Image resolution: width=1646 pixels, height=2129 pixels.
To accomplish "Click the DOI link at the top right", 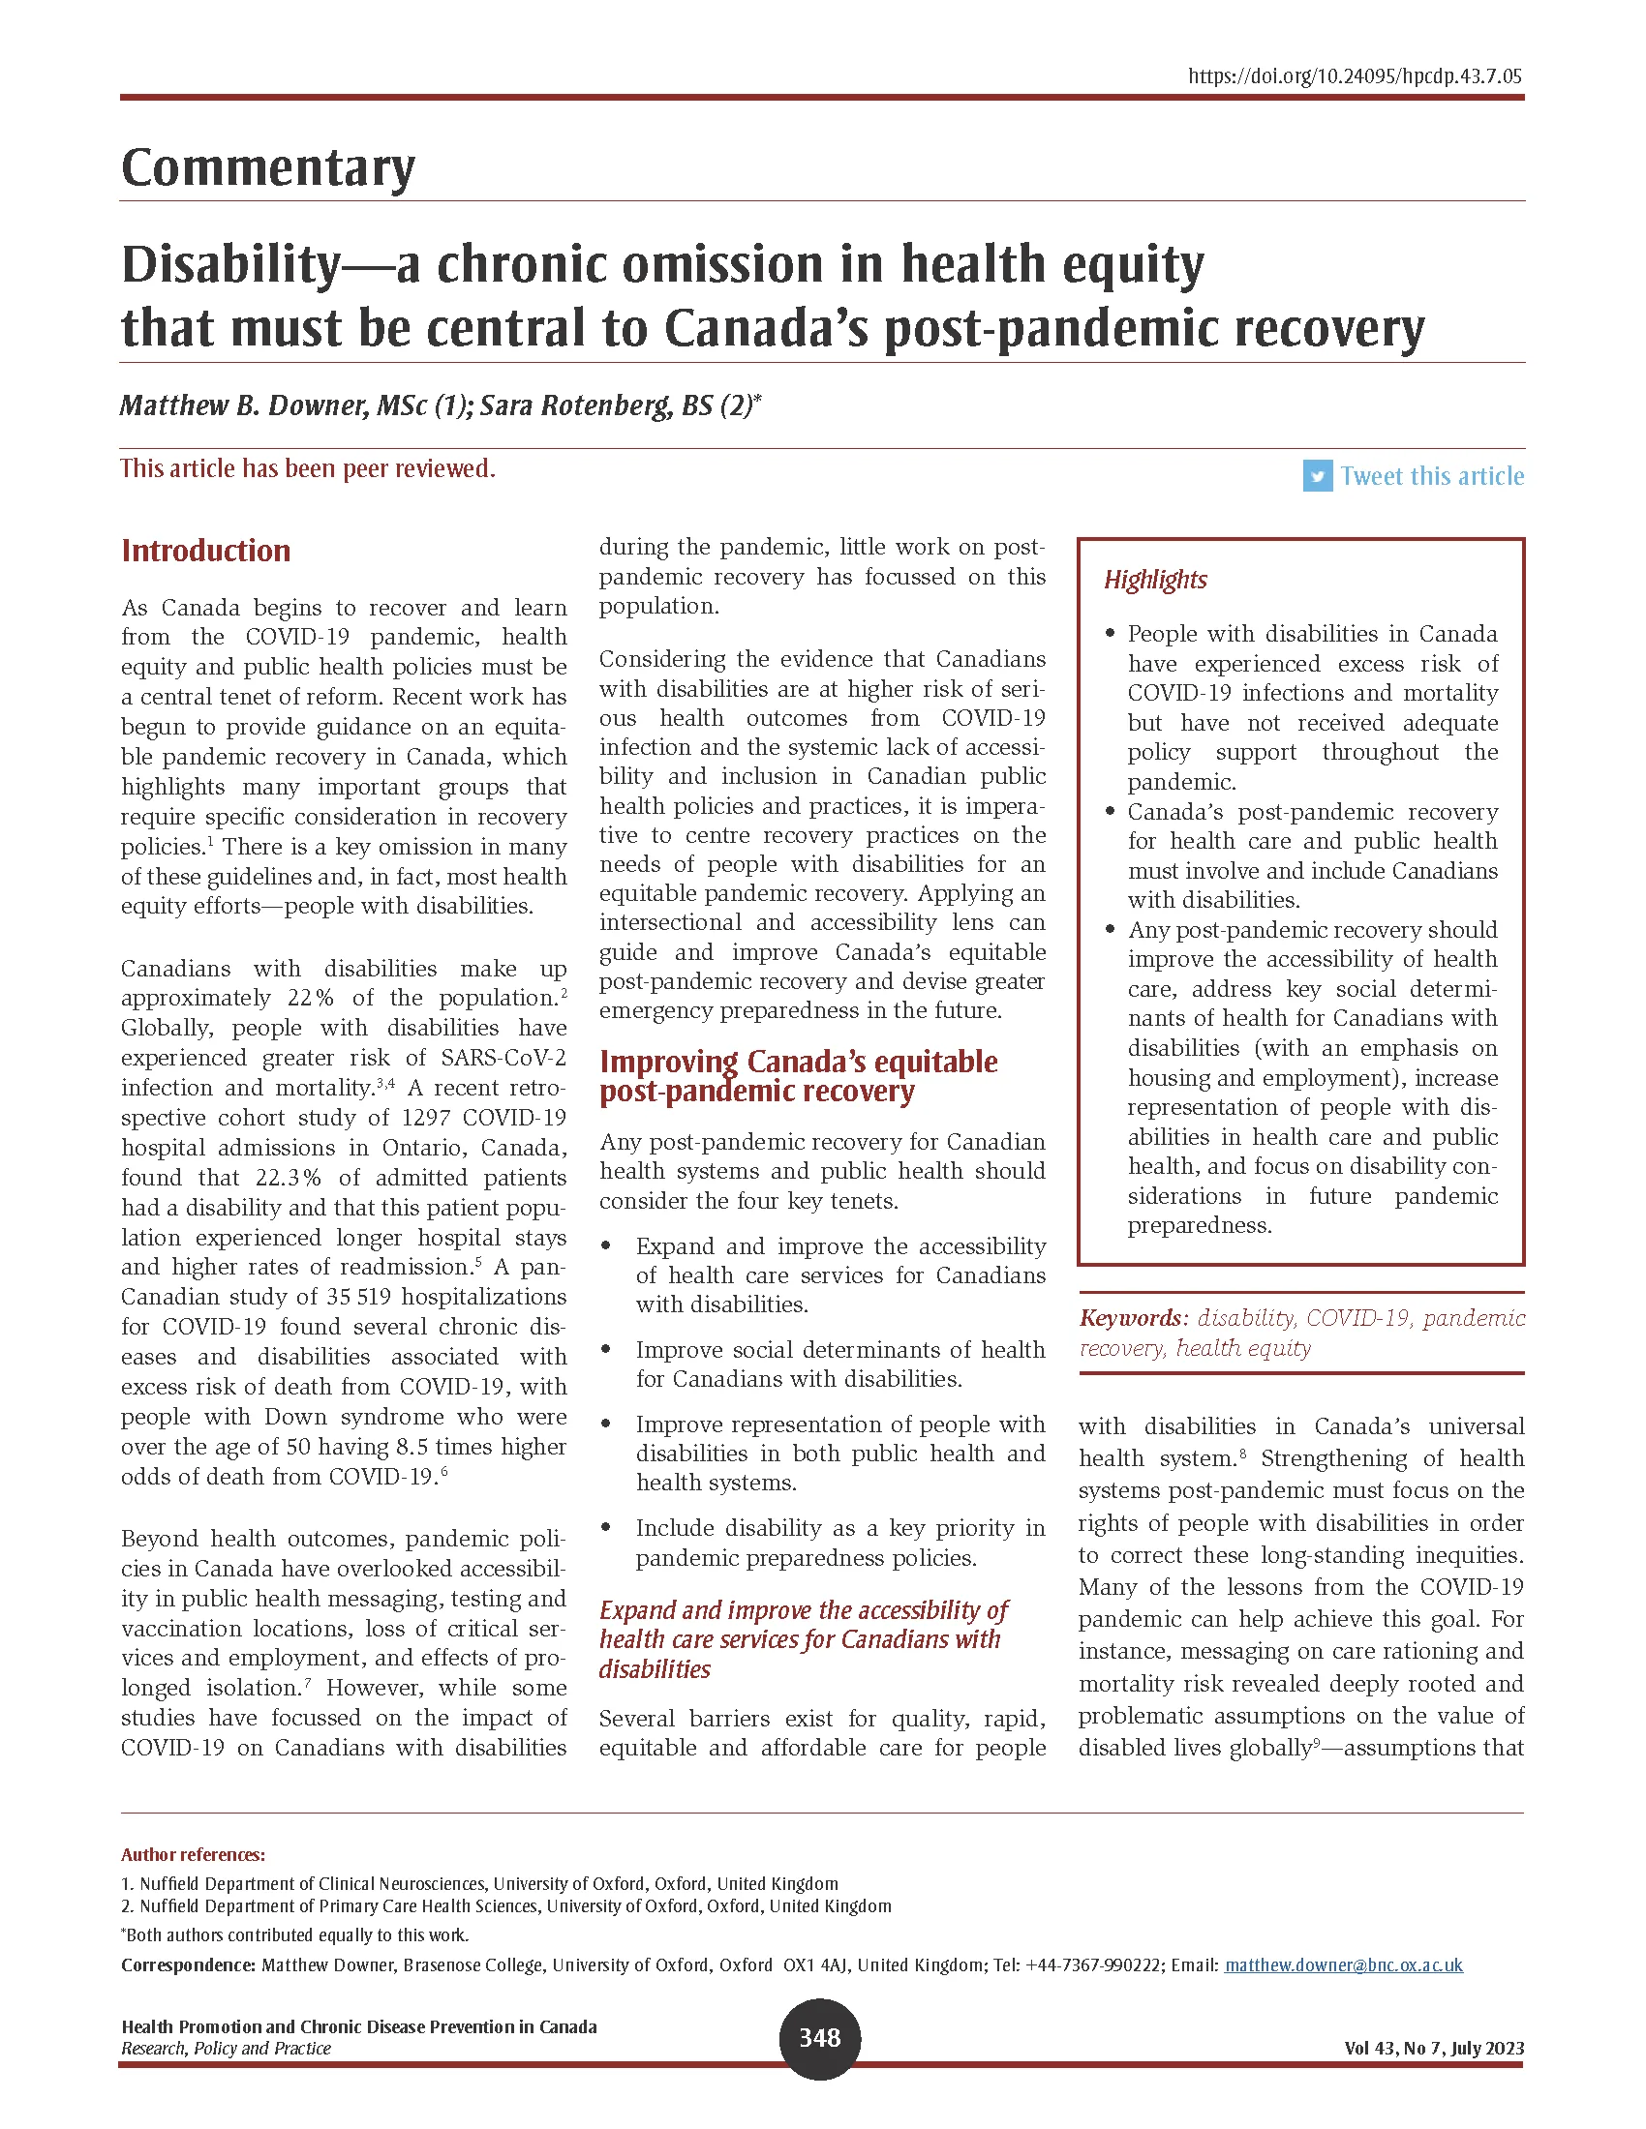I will click(x=1355, y=76).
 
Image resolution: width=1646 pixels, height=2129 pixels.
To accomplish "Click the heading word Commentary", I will click(x=268, y=167).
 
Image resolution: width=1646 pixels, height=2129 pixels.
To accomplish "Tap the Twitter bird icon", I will click(x=1317, y=476).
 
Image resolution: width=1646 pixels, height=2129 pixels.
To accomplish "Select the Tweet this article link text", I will click(x=1430, y=476).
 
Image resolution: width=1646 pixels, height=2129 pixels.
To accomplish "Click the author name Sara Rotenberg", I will click(x=575, y=405).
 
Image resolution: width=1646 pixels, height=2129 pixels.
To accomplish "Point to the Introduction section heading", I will click(x=205, y=551).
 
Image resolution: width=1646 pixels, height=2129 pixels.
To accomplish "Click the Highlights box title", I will click(x=1154, y=580).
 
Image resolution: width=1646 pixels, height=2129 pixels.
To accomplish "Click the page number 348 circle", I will click(x=819, y=2037).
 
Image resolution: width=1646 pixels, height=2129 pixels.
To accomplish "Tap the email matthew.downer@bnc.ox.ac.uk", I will click(x=1343, y=1964).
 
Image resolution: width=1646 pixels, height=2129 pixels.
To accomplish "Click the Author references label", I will click(x=193, y=1854).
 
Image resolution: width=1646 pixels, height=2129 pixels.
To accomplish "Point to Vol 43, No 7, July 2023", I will click(x=1432, y=2048).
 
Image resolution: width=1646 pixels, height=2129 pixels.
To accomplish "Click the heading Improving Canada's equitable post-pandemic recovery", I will click(x=798, y=1075).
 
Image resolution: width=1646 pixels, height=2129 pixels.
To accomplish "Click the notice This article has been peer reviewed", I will click(x=307, y=469).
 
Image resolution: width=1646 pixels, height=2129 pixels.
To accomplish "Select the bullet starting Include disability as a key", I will click(x=839, y=1543).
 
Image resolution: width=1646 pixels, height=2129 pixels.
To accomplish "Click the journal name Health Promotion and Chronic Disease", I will click(x=359, y=2026).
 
